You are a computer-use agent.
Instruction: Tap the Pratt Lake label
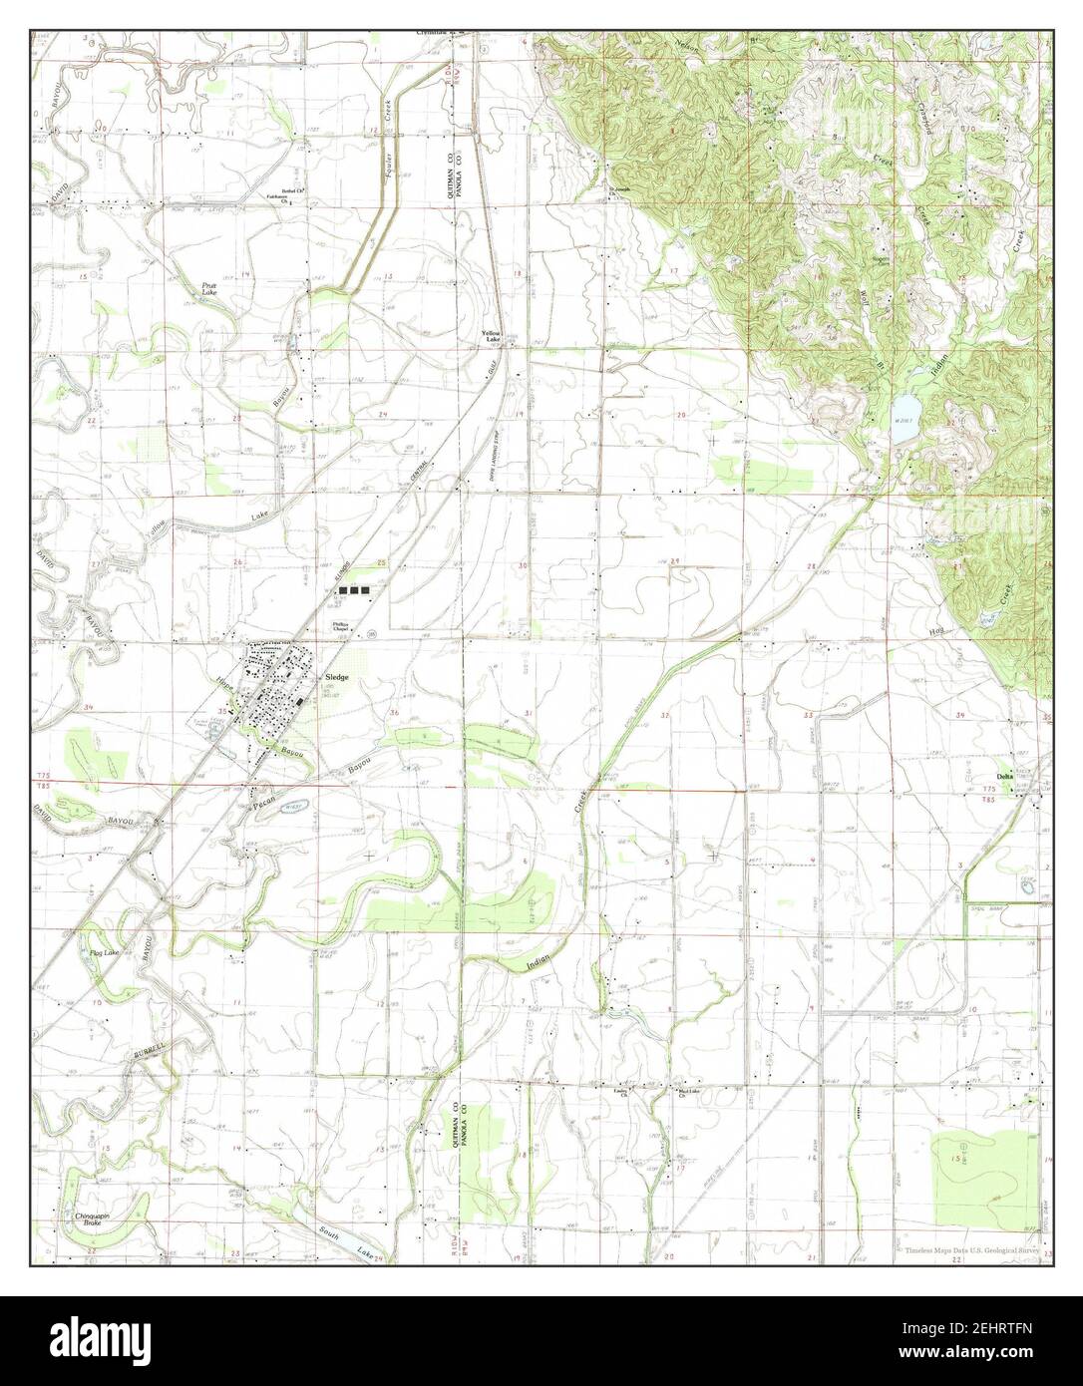coord(208,288)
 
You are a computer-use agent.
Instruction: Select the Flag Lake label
coord(104,954)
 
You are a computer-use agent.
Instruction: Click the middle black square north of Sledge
coord(355,590)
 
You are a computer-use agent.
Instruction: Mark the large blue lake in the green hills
coord(904,410)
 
